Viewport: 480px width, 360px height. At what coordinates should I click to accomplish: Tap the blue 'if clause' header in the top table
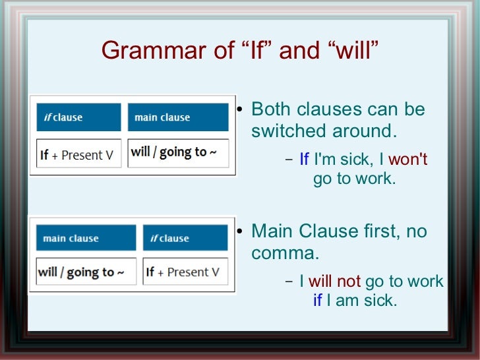[79, 117]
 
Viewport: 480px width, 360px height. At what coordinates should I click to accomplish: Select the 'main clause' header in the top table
[178, 117]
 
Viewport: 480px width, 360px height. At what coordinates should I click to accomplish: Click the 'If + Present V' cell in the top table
[79, 154]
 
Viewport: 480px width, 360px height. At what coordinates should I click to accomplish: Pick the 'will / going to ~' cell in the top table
[178, 153]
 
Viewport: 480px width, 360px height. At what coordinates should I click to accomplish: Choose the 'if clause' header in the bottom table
[185, 238]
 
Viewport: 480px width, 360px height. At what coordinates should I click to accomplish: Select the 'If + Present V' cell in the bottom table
[185, 272]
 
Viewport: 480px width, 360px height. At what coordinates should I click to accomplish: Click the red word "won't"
[408, 160]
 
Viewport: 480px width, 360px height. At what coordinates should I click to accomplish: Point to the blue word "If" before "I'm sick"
[304, 160]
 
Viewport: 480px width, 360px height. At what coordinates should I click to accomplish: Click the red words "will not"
[335, 282]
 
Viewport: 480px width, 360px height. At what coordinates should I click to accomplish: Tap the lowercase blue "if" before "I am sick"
[318, 301]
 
